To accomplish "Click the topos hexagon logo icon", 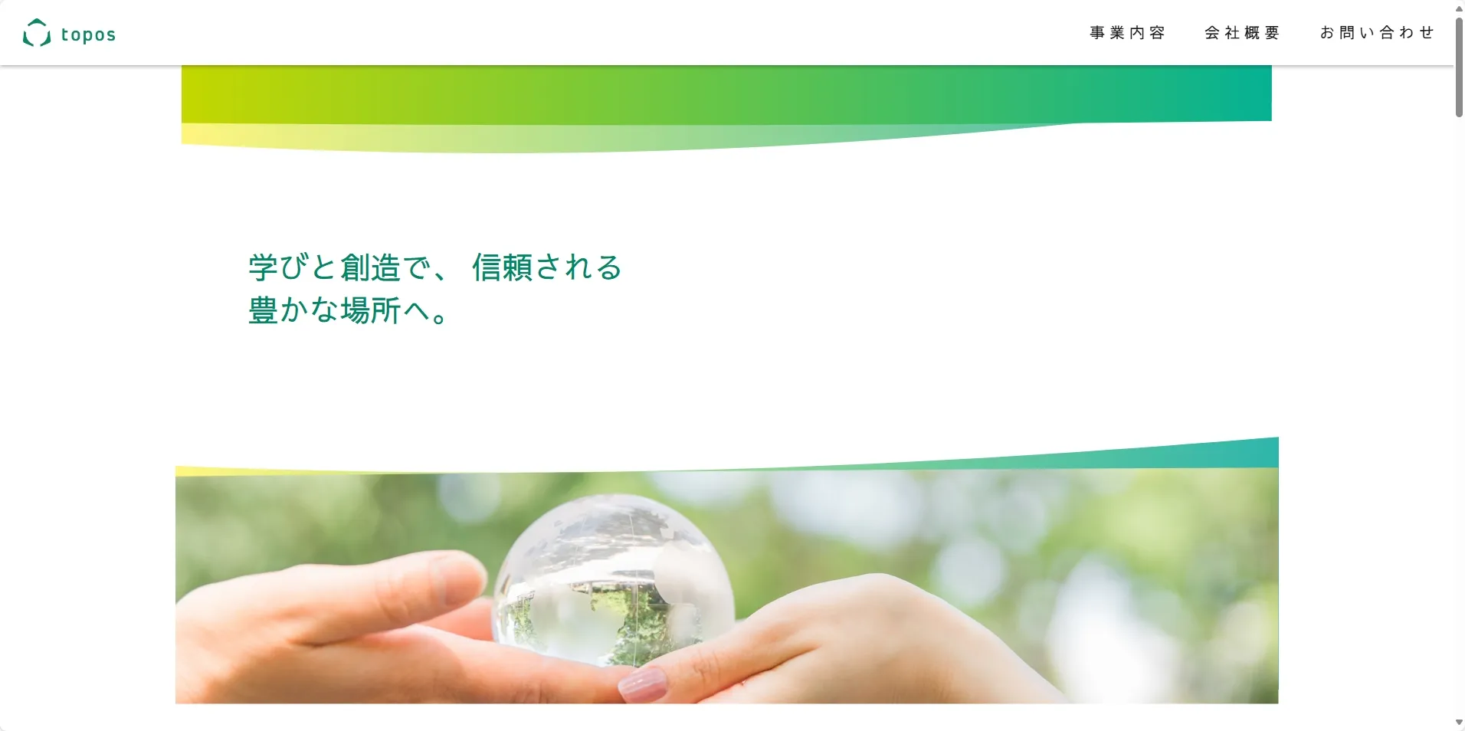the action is [37, 33].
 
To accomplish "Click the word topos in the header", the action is [88, 35].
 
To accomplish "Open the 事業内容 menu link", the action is [1127, 33].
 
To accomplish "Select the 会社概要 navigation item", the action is [1242, 33].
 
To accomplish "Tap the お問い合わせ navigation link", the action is [1377, 33].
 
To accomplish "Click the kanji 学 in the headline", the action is [263, 267].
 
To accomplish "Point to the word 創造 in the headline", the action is [371, 267].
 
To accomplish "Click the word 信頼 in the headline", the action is [503, 267].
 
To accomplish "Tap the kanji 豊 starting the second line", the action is [263, 310].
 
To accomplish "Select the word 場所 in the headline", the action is [371, 310].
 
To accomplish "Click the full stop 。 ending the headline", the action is [440, 317].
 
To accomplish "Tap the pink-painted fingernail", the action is [642, 684].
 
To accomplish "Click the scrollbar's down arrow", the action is [1459, 723].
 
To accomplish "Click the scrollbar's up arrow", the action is [1459, 8].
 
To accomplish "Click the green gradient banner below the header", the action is [726, 94].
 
